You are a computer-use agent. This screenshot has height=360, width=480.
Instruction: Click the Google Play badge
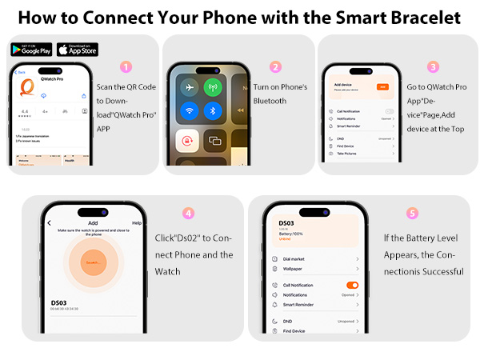31,49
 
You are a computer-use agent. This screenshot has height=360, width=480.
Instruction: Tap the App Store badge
78,49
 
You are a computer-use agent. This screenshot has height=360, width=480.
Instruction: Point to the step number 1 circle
125,67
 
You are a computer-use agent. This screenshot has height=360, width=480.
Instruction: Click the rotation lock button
190,141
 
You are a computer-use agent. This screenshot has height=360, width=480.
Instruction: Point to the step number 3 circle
433,67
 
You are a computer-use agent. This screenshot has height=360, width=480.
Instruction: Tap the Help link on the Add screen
137,222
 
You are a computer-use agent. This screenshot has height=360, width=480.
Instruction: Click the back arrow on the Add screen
50,222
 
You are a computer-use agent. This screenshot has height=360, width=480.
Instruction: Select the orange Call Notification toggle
351,285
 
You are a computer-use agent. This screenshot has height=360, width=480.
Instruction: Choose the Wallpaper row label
293,269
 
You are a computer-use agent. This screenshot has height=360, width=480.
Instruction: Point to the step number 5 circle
412,214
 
